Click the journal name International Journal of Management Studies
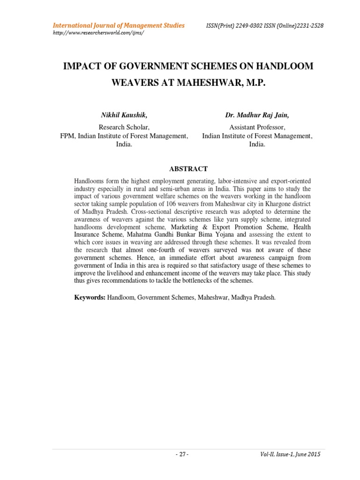tap(118, 25)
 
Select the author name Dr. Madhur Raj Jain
tap(257, 115)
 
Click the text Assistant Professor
tap(257, 127)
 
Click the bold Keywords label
tap(90, 298)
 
